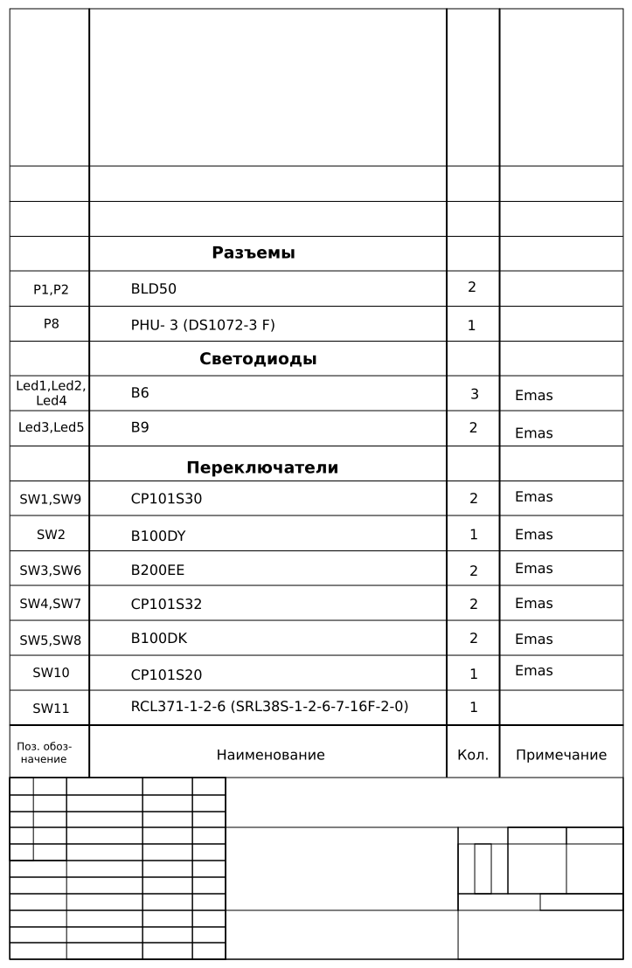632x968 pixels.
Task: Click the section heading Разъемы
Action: [x=253, y=253]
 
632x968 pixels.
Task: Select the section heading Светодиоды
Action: [x=258, y=359]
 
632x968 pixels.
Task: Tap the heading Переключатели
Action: [x=262, y=467]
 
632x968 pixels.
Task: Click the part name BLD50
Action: [x=154, y=289]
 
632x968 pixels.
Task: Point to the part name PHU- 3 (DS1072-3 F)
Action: [x=203, y=325]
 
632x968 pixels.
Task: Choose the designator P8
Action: [x=52, y=323]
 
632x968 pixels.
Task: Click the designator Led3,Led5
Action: [x=51, y=428]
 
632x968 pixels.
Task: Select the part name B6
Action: [x=140, y=393]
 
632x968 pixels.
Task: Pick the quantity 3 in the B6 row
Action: [x=475, y=394]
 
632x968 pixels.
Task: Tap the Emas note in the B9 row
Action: [x=533, y=432]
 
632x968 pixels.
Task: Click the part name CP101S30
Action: [x=166, y=499]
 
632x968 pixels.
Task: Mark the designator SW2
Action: [x=51, y=534]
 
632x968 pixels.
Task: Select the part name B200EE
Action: [x=157, y=570]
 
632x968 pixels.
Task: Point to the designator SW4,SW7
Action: [x=50, y=604]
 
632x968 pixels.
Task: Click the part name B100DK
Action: [x=159, y=638]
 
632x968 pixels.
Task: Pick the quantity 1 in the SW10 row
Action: [x=474, y=674]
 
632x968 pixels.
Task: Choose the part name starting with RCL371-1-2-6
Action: [x=269, y=706]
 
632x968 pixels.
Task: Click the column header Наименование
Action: [x=270, y=755]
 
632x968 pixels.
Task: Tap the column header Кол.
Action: [x=473, y=755]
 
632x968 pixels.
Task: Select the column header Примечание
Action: [x=561, y=755]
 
